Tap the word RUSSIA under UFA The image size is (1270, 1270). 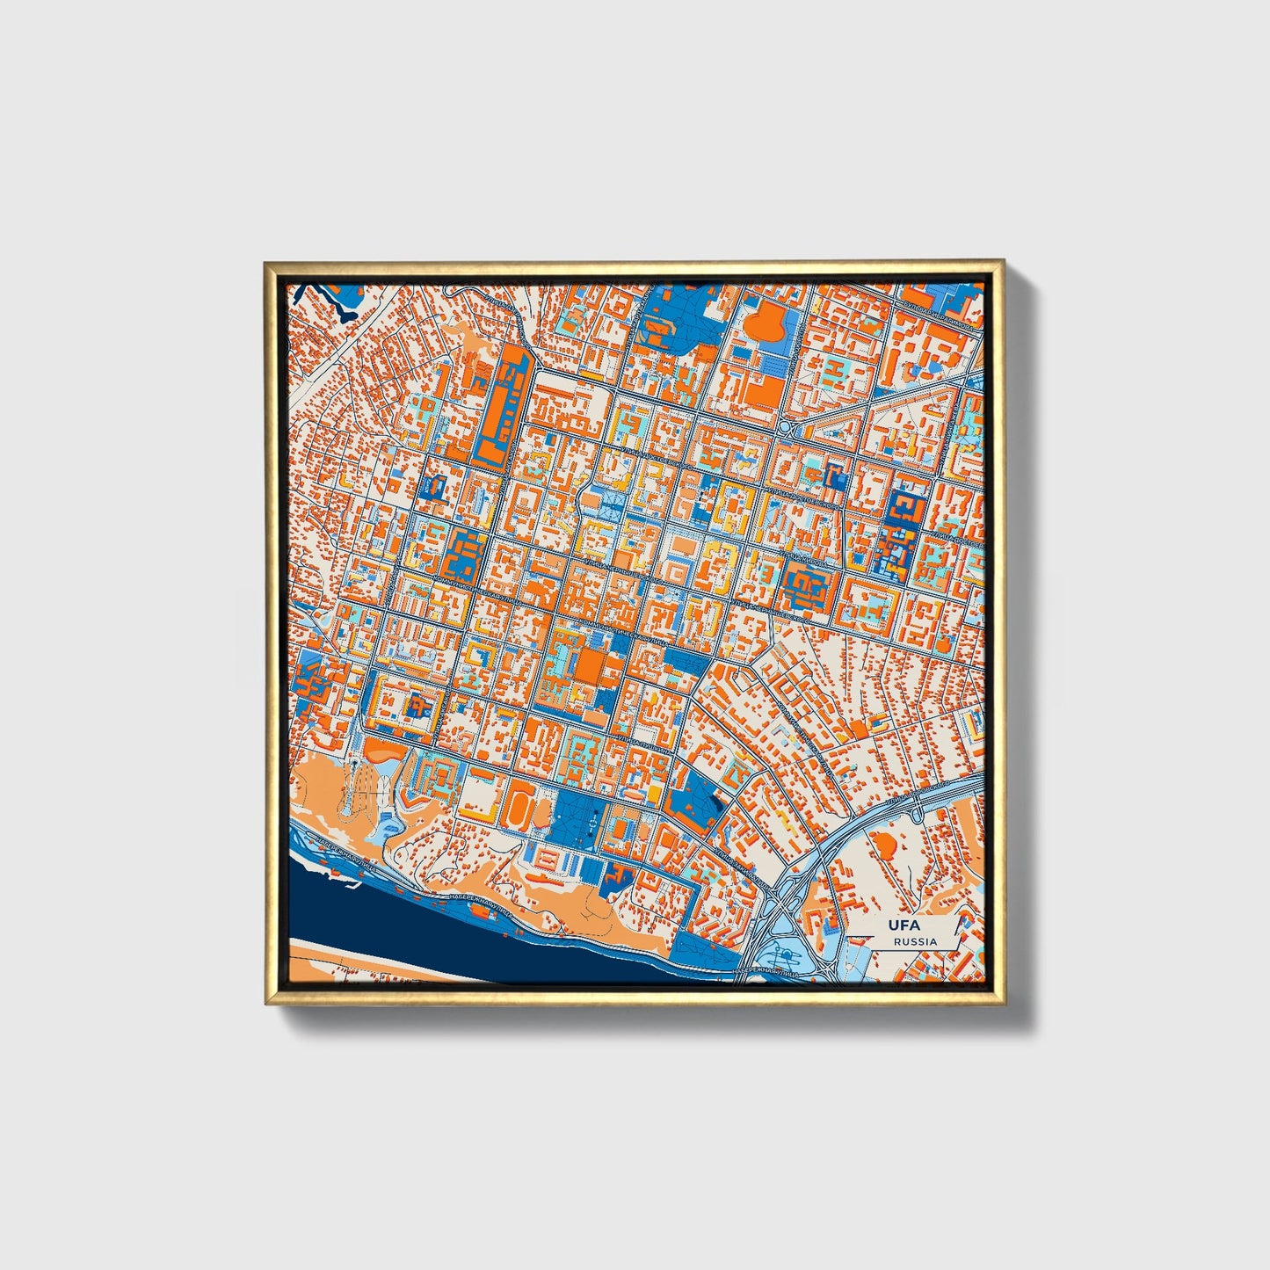point(915,941)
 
